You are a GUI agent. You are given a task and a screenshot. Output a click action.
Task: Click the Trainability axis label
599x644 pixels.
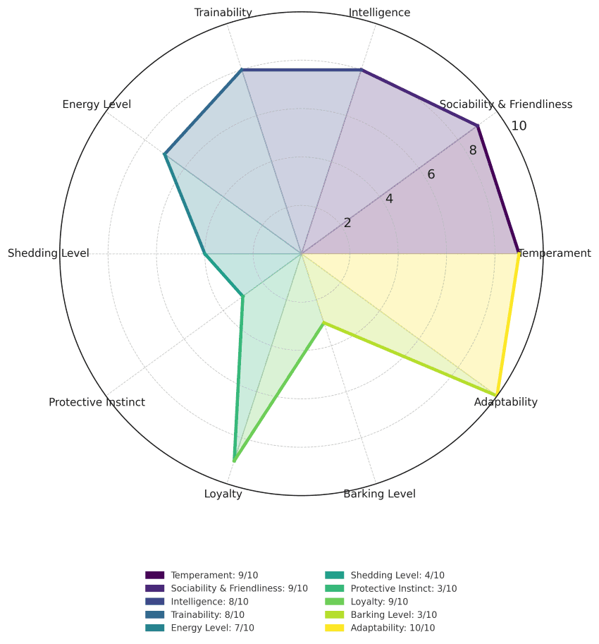tap(223, 13)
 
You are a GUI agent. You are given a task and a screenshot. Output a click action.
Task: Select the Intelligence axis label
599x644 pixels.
tap(379, 13)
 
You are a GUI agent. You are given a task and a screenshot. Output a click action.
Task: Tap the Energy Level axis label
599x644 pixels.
tap(97, 105)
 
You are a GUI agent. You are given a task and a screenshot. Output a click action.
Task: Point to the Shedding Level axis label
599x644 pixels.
tap(49, 253)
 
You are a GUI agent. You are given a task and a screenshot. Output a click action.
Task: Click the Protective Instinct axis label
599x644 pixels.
tap(97, 402)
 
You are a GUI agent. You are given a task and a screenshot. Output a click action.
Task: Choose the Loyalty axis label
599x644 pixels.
tap(223, 494)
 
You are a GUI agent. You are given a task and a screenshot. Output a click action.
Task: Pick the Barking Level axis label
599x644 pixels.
tap(379, 494)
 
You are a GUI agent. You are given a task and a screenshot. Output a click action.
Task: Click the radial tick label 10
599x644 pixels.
tap(519, 126)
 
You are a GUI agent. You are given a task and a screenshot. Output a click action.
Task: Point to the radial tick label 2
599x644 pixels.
tap(347, 223)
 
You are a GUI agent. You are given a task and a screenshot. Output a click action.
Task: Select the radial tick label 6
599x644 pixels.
tap(431, 175)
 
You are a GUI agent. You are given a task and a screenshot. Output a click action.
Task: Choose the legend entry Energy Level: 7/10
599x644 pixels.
tap(212, 628)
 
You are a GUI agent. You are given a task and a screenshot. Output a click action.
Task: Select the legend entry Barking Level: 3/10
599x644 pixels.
tap(393, 614)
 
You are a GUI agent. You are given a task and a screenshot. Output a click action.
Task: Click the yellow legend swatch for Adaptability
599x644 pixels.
tap(333, 628)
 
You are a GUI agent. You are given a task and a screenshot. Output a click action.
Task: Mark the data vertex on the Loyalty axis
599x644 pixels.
tap(234, 461)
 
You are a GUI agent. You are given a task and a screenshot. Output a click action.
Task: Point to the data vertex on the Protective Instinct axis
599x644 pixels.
tap(243, 296)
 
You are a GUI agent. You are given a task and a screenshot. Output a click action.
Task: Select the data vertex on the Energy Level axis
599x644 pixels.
tap(165, 154)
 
